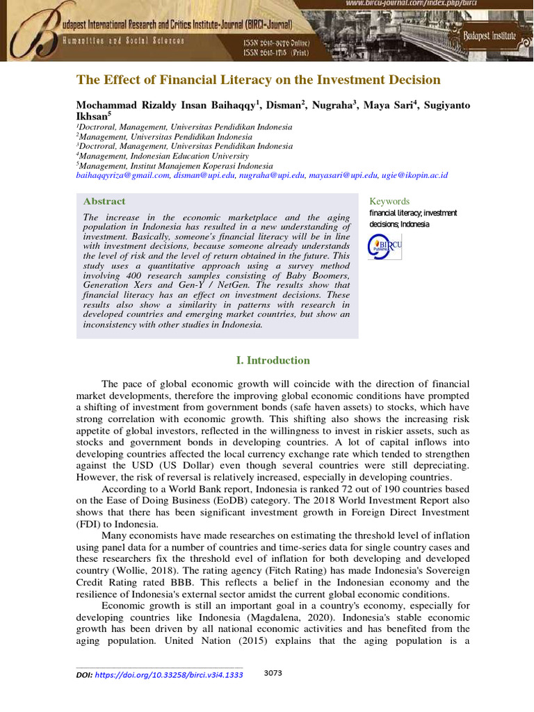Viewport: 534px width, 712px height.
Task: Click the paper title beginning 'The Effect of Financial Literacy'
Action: coord(258,80)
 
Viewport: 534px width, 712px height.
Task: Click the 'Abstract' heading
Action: coord(104,202)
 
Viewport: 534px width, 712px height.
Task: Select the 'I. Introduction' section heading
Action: coord(273,360)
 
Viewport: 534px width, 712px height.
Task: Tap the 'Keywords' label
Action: coord(389,202)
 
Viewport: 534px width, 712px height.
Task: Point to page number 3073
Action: coord(273,674)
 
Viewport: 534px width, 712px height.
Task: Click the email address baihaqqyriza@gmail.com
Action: coord(122,176)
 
